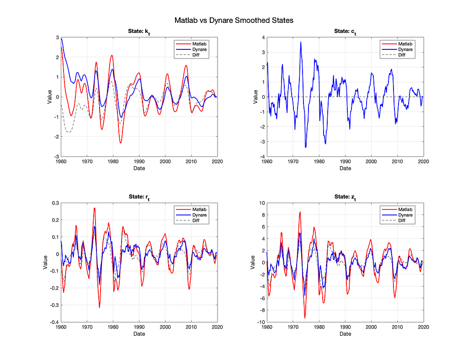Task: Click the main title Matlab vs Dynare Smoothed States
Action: [234, 21]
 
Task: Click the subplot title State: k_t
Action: [139, 32]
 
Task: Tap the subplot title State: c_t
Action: [346, 32]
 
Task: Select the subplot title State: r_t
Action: [139, 197]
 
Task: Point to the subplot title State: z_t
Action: [346, 197]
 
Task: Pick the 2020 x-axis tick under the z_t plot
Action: [424, 328]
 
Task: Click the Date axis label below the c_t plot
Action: [346, 168]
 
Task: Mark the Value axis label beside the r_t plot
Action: [45, 263]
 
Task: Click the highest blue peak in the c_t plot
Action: [301, 42]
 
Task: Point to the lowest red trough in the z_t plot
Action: [305, 317]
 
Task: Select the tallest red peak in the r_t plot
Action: [95, 208]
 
